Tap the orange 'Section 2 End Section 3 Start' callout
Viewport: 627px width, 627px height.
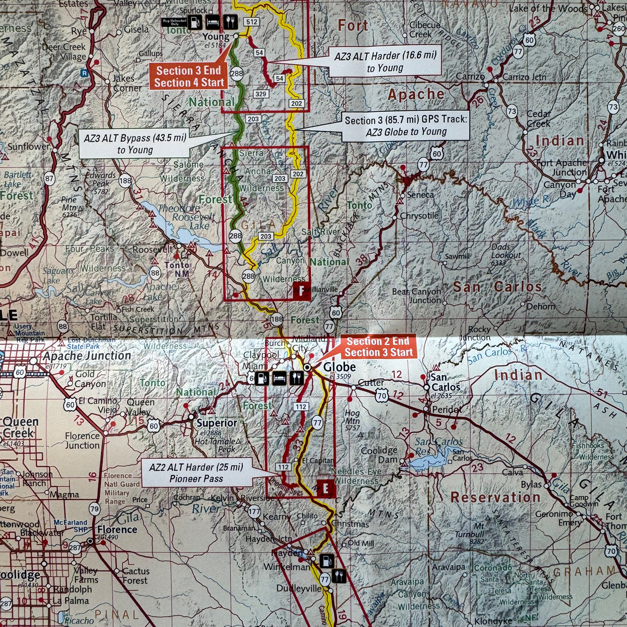click(378, 346)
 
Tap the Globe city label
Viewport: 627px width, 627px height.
click(339, 368)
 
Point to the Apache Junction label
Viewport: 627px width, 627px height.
click(87, 356)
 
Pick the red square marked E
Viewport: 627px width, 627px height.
click(326, 489)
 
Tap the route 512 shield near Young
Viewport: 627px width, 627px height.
click(252, 22)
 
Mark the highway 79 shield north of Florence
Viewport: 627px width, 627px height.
click(95, 507)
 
